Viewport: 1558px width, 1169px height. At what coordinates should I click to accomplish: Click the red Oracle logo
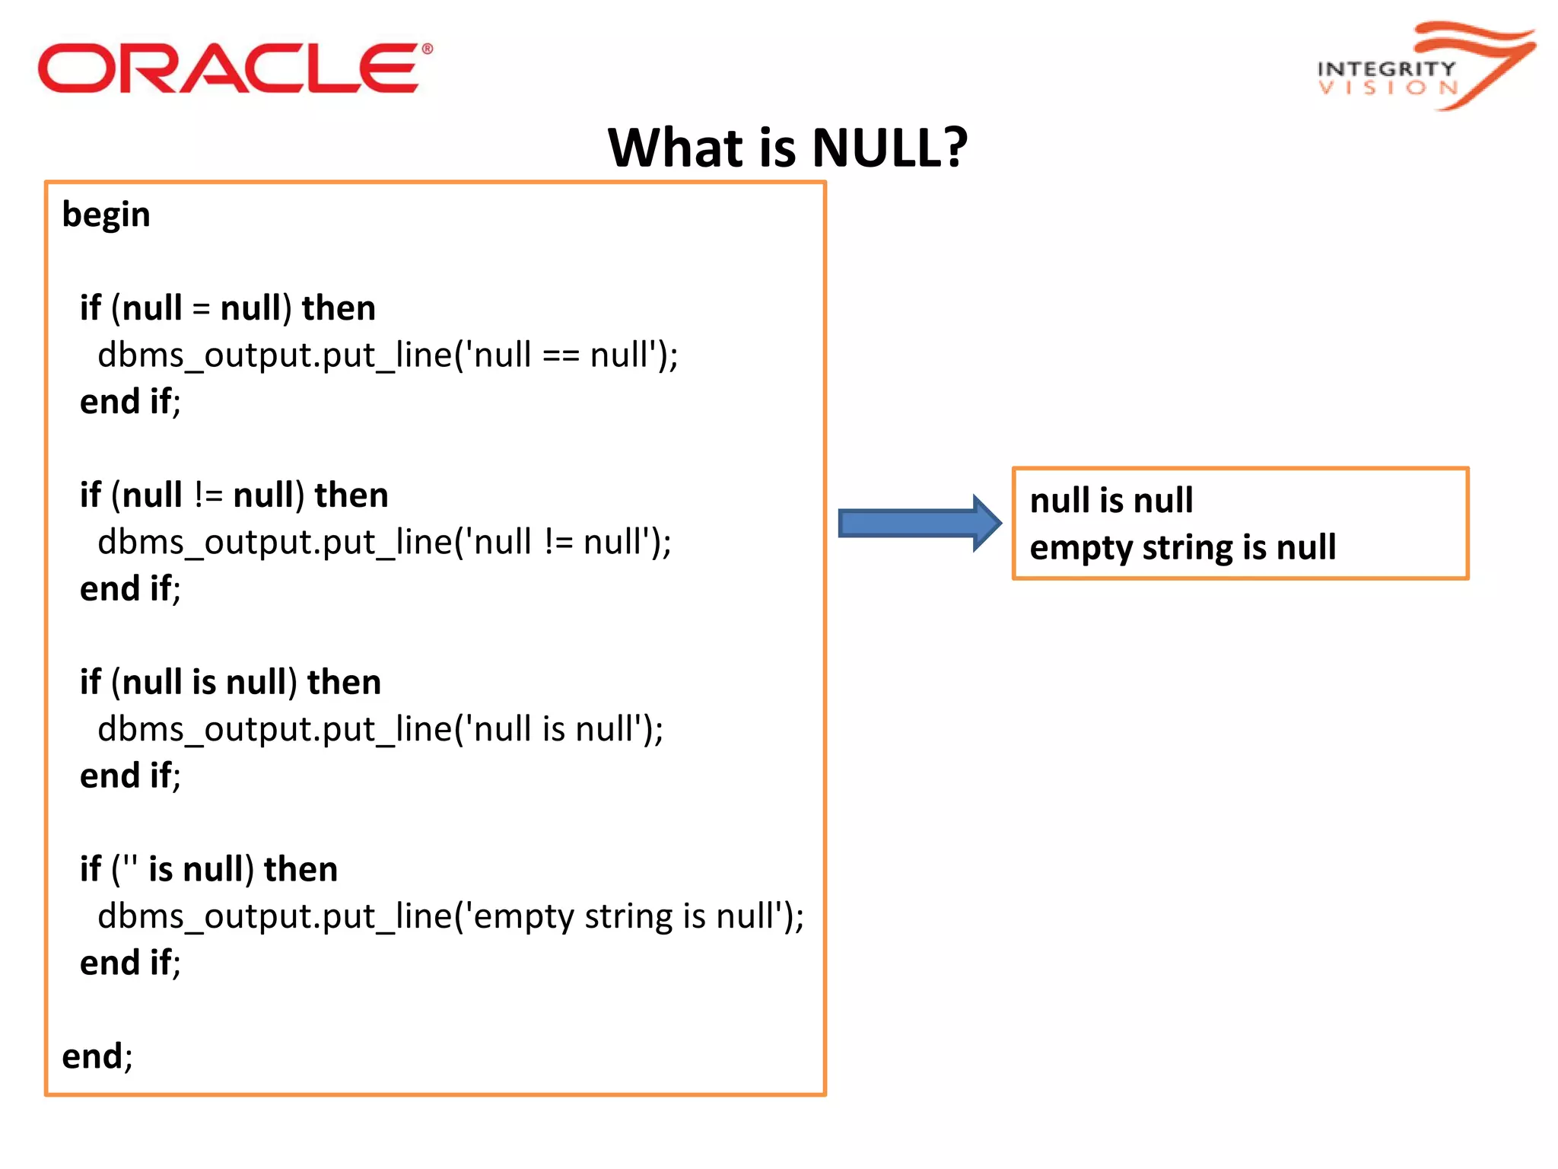pyautogui.click(x=228, y=68)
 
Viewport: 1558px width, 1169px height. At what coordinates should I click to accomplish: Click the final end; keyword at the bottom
pyautogui.click(x=97, y=1056)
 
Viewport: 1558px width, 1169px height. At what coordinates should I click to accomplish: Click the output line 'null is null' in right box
pyautogui.click(x=1111, y=501)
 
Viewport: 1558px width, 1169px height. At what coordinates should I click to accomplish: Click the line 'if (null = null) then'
pyautogui.click(x=227, y=308)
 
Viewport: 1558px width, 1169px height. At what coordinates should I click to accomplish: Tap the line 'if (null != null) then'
pyautogui.click(x=233, y=495)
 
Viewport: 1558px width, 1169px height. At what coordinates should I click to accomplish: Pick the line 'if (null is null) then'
pyautogui.click(x=230, y=683)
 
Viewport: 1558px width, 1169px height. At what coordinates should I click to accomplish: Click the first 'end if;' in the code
pyautogui.click(x=130, y=402)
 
